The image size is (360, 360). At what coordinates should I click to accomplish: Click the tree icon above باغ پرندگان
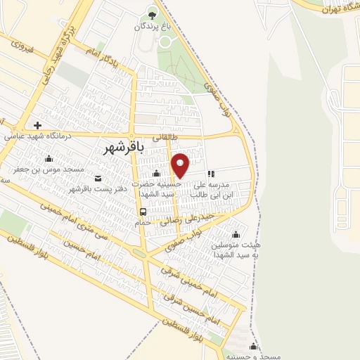point(153,13)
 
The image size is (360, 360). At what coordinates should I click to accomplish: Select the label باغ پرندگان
point(153,26)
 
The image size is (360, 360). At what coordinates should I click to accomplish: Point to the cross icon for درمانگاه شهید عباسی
point(37,125)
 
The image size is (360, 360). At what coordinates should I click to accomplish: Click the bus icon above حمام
point(143,211)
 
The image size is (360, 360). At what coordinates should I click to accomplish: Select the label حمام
point(143,222)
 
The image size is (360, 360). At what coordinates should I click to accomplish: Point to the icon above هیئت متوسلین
point(235,234)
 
